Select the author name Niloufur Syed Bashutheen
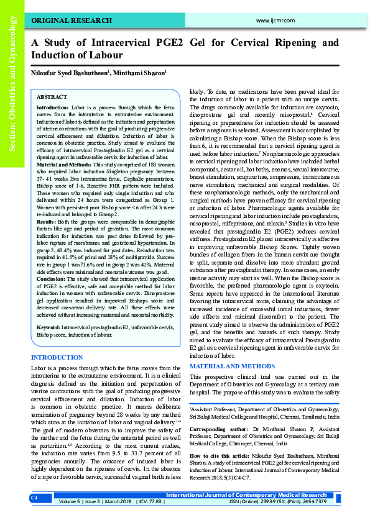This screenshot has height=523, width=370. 70,73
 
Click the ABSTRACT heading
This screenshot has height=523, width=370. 52,98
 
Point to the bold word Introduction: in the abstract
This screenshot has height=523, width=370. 53,107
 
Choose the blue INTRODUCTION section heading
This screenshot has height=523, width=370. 57,358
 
